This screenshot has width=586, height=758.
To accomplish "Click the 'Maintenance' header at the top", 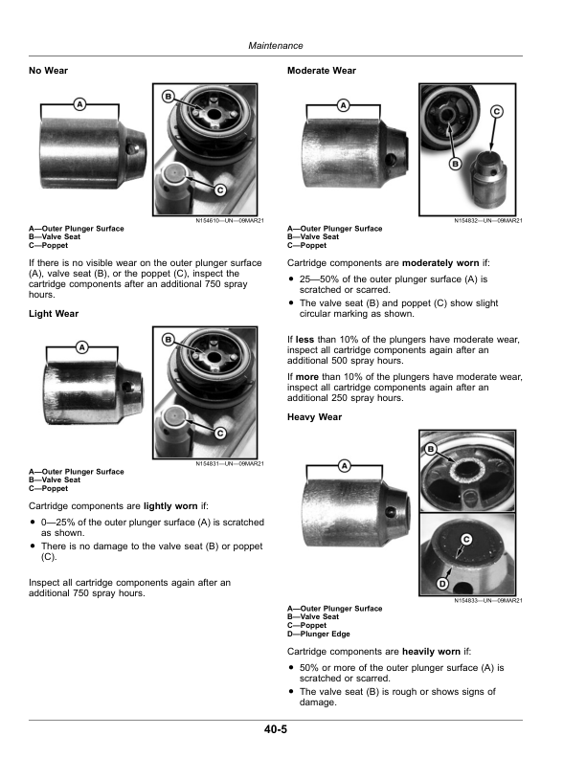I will pos(275,45).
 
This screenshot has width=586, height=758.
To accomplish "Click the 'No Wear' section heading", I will pos(49,71).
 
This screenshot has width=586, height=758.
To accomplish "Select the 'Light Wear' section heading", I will pos(54,314).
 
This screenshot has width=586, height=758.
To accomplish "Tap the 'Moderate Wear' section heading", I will pos(322,71).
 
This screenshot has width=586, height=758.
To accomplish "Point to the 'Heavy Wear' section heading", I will pos(315,417).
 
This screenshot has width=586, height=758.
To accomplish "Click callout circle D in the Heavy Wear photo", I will pos(442,583).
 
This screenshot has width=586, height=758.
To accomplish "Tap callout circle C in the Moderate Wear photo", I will pos(497,112).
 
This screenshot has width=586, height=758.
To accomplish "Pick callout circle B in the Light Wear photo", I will pos(169,340).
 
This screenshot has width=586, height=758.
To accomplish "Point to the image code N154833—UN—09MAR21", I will pos(487,600).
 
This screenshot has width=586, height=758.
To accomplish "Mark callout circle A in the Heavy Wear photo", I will pos(342,465).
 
